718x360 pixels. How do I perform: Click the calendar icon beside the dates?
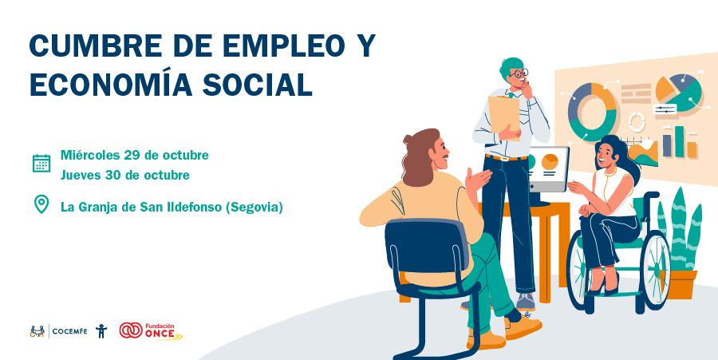point(41,164)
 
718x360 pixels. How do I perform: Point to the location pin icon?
point(41,204)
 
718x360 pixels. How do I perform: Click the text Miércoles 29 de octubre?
point(135,156)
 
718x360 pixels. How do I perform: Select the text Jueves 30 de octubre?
point(125,175)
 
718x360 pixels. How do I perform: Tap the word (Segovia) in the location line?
point(256,208)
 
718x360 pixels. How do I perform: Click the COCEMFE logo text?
point(69,331)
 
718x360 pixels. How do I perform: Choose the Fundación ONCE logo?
point(151,330)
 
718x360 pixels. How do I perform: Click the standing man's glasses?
point(519,73)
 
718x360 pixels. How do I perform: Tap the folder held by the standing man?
point(504,116)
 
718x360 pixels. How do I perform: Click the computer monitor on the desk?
point(549,169)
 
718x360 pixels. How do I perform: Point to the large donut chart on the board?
point(592,111)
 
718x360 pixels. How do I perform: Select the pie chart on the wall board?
point(679,93)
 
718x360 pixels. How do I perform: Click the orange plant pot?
point(681,284)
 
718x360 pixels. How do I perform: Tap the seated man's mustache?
point(445,156)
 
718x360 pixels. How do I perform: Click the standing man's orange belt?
point(507,158)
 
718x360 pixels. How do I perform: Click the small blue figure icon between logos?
point(101,330)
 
